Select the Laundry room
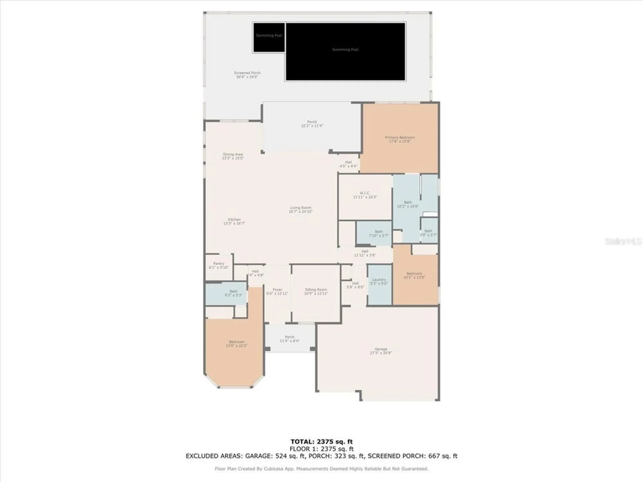point(379,281)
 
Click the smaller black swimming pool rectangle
point(269,37)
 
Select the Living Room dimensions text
point(300,212)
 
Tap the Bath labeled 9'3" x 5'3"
point(233,293)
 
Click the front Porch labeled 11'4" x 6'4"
point(289,339)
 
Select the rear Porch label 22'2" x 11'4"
point(312,124)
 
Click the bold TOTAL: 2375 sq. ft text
point(321,442)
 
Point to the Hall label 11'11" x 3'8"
point(365,253)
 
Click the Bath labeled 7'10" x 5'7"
point(379,233)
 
